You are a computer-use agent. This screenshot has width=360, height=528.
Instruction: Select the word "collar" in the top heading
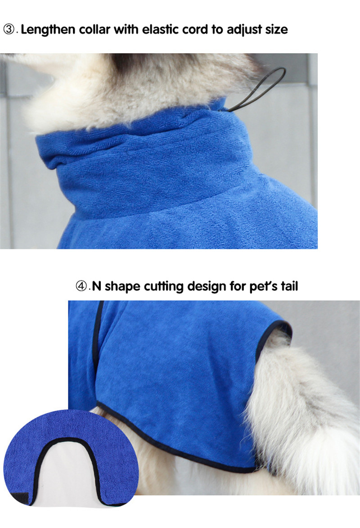coord(94,30)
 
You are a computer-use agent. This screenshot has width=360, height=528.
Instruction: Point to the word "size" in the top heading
coord(274,30)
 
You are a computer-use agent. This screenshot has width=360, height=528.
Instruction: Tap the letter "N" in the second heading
coord(96,286)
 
